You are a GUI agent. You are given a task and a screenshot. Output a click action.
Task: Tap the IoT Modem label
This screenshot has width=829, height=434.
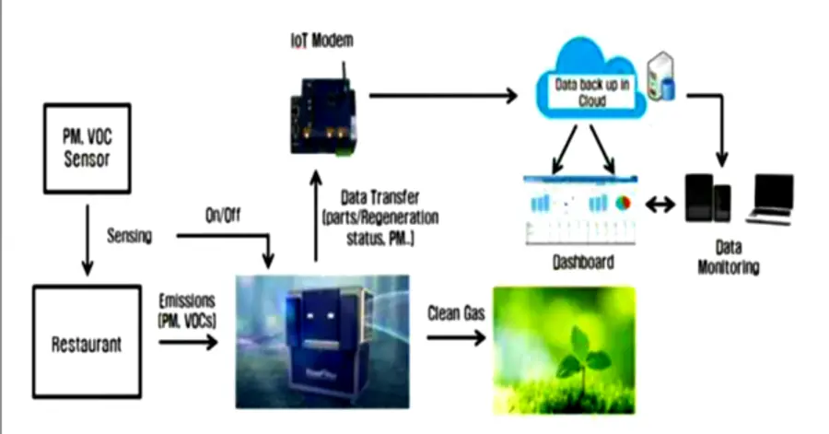[318, 41]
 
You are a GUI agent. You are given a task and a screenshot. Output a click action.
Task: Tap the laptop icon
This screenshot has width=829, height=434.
[769, 199]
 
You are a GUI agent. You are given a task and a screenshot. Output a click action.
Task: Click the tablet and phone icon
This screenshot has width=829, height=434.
[708, 199]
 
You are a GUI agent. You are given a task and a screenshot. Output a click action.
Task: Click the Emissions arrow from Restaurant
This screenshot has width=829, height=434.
[188, 343]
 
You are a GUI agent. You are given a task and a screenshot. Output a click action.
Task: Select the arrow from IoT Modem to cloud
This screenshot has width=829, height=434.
[442, 95]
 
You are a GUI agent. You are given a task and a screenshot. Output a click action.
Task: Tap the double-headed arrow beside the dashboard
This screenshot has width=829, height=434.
[660, 205]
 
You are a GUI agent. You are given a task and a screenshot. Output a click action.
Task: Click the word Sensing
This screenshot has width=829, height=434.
[129, 236]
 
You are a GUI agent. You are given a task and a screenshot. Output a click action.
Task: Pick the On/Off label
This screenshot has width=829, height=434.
[224, 218]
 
